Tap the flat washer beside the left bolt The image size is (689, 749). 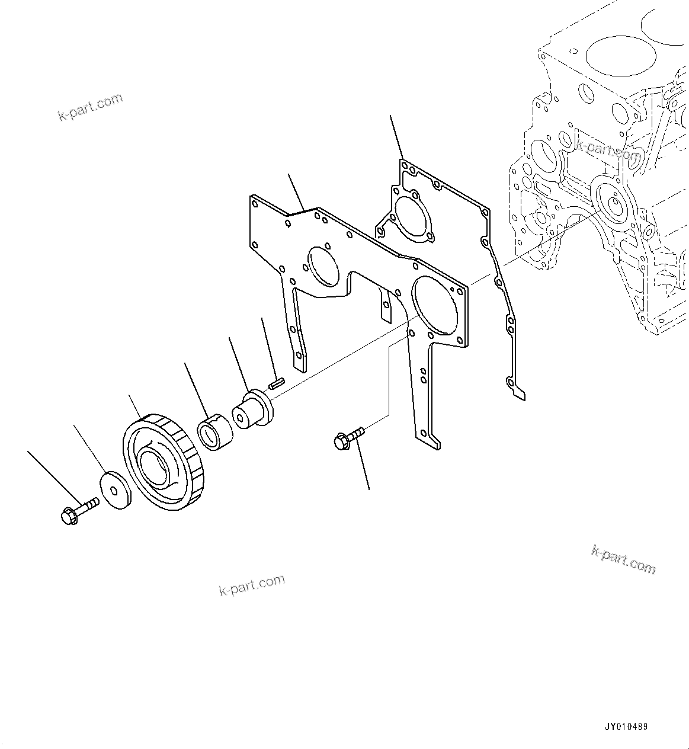click(116, 490)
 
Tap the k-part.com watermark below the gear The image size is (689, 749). click(252, 585)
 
